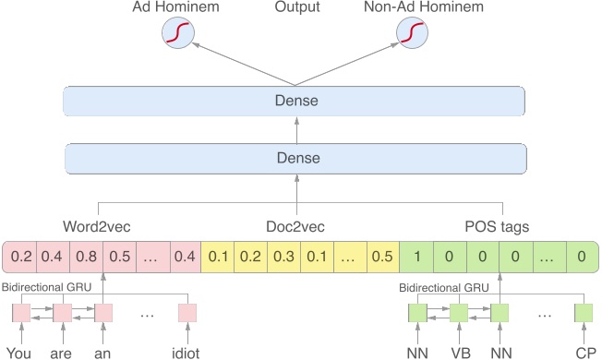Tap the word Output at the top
click(x=296, y=8)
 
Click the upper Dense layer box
click(x=294, y=101)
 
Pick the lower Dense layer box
click(x=294, y=159)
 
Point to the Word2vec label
click(x=99, y=226)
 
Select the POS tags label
click(x=497, y=226)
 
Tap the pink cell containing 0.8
click(x=86, y=256)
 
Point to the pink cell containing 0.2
click(x=20, y=256)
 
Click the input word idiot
click(x=188, y=351)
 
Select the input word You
click(x=19, y=351)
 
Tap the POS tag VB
click(x=459, y=351)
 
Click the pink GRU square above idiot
click(x=188, y=314)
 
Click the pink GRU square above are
click(x=62, y=314)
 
